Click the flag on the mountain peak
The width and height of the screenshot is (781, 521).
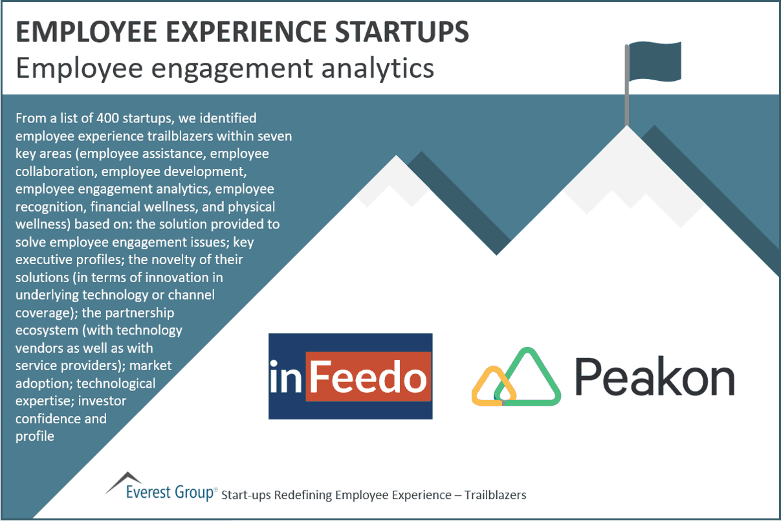click(x=655, y=60)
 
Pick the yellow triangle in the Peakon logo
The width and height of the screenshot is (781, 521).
click(x=494, y=388)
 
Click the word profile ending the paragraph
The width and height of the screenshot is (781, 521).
click(x=35, y=436)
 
